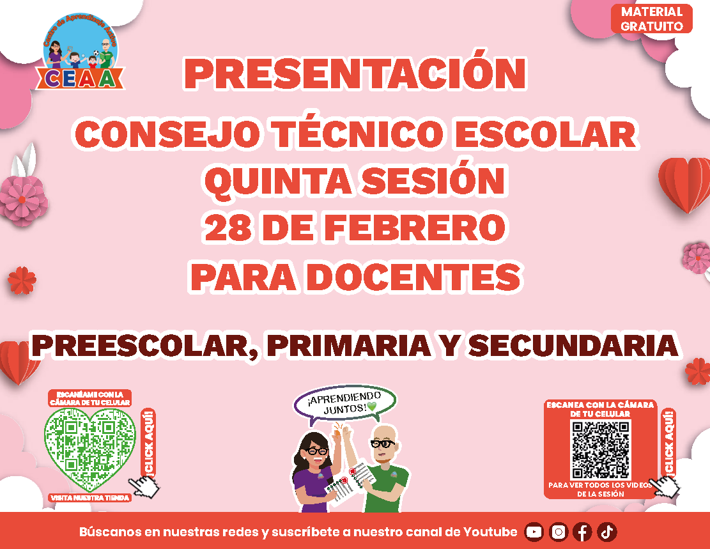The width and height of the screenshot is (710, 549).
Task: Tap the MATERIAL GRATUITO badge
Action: click(x=652, y=19)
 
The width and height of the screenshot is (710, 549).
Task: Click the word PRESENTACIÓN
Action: click(x=355, y=73)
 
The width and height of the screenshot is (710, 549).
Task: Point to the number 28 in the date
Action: click(x=229, y=228)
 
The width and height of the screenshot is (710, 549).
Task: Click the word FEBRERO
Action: click(x=415, y=228)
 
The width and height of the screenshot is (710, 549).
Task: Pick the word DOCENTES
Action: click(x=415, y=276)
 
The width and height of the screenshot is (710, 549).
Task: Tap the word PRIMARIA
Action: click(x=349, y=346)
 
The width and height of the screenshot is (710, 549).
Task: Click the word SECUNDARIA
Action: click(x=574, y=346)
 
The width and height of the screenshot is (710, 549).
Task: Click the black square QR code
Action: click(x=601, y=449)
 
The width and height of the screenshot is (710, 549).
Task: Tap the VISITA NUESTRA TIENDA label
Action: click(x=90, y=498)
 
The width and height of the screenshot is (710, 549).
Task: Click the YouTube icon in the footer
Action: click(x=534, y=532)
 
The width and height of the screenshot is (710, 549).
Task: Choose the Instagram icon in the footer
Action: click(x=559, y=532)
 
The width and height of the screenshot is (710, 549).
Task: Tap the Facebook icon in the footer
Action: click(x=582, y=532)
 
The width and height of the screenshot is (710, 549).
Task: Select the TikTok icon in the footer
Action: click(x=606, y=532)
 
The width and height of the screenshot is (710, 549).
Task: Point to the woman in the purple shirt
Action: click(x=313, y=471)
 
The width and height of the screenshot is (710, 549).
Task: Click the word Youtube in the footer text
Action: click(x=490, y=532)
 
